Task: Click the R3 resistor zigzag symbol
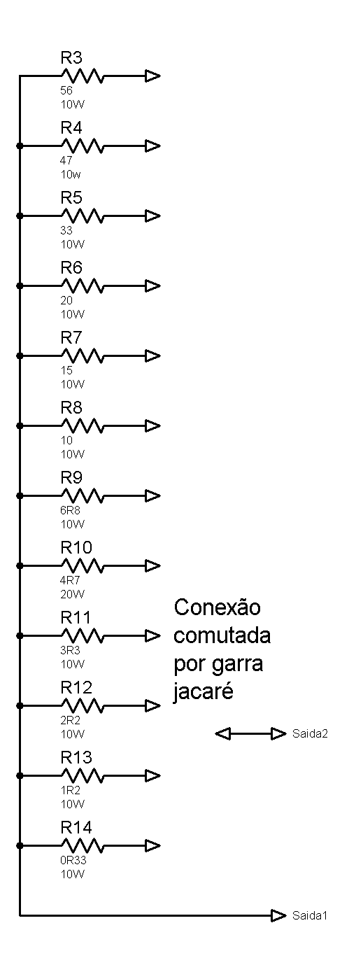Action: pyautogui.click(x=82, y=76)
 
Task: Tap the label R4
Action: pyautogui.click(x=71, y=127)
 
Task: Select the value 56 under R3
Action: pyautogui.click(x=66, y=90)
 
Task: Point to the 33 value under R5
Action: pyautogui.click(x=66, y=230)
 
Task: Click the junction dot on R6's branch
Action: pyautogui.click(x=20, y=286)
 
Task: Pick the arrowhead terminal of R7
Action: pyautogui.click(x=153, y=355)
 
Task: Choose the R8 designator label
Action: pyautogui.click(x=71, y=407)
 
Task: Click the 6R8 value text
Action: pyautogui.click(x=70, y=510)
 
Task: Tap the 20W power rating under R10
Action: pyautogui.click(x=73, y=594)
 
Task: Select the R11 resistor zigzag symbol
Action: pyautogui.click(x=82, y=635)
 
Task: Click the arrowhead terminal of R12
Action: pyautogui.click(x=153, y=705)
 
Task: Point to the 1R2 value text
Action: pyautogui.click(x=70, y=790)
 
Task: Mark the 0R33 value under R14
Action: pyautogui.click(x=73, y=860)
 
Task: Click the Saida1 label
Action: pyautogui.click(x=310, y=915)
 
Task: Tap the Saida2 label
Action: pyautogui.click(x=310, y=733)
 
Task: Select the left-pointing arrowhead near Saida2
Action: pyautogui.click(x=223, y=734)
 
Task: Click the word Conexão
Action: pyautogui.click(x=217, y=607)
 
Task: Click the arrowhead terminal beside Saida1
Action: pyautogui.click(x=278, y=915)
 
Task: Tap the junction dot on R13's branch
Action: pyautogui.click(x=20, y=775)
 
